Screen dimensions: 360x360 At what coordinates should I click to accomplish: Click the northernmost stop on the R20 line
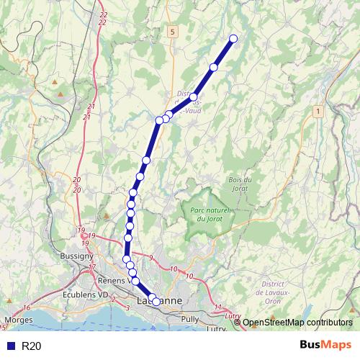[x=233, y=39]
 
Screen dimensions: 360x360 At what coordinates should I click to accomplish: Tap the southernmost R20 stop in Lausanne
[x=156, y=302]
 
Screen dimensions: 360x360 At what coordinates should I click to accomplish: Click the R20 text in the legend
[x=32, y=346]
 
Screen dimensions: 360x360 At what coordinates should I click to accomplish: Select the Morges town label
[x=17, y=318]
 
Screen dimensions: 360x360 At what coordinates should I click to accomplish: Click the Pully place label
[x=191, y=318]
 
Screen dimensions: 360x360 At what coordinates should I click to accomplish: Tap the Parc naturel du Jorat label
[x=210, y=214]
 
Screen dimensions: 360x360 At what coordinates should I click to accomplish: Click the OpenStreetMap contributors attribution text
[x=297, y=323]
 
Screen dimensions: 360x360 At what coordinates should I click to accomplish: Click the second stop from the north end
[x=213, y=67]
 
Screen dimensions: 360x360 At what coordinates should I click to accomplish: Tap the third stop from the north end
[x=193, y=96]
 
